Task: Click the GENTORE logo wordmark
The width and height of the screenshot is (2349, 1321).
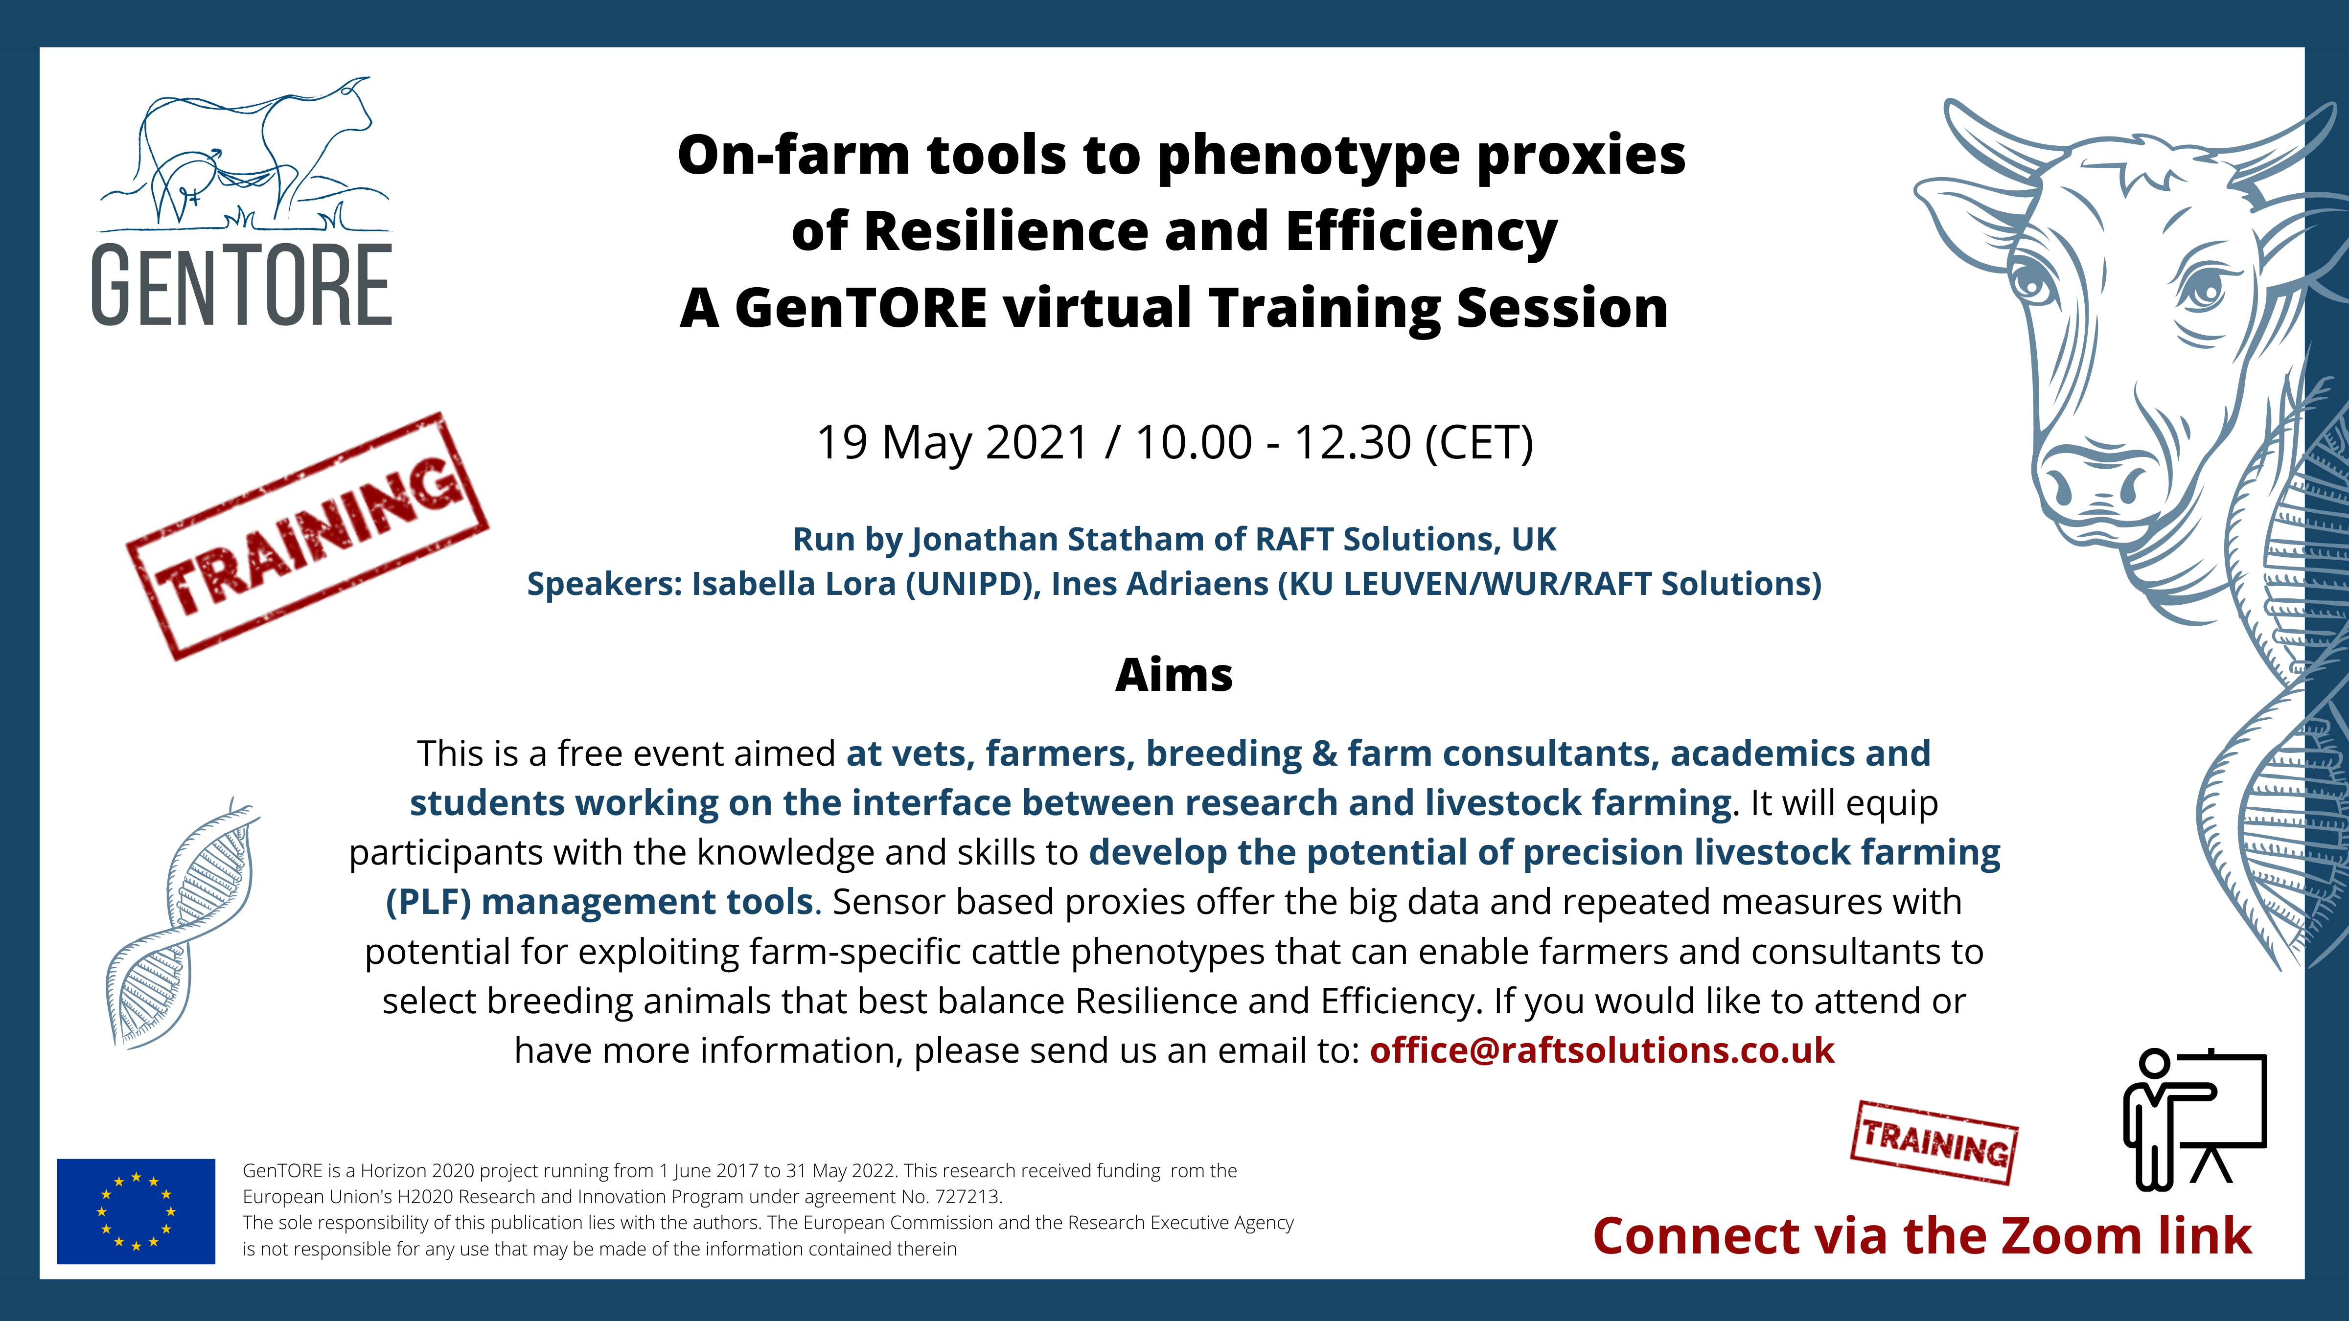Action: [242, 285]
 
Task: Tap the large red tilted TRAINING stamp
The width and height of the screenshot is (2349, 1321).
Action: [307, 536]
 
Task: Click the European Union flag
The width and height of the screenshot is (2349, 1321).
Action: [136, 1211]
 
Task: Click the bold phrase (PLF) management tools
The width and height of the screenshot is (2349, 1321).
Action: [599, 902]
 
